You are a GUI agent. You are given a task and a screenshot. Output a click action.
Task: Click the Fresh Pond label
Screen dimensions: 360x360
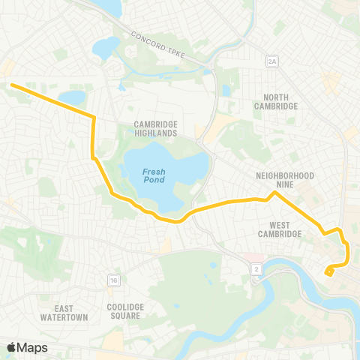pyautogui.click(x=153, y=175)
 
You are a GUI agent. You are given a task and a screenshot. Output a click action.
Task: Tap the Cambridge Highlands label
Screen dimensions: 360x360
pyautogui.click(x=156, y=128)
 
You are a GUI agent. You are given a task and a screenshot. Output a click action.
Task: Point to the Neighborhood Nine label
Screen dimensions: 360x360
pyautogui.click(x=284, y=180)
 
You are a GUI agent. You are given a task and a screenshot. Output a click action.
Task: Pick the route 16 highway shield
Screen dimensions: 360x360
pyautogui.click(x=113, y=280)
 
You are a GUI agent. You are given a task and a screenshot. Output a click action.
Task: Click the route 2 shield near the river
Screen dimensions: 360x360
pyautogui.click(x=257, y=268)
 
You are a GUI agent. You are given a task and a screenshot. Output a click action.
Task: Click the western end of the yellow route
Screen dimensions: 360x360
pyautogui.click(x=13, y=86)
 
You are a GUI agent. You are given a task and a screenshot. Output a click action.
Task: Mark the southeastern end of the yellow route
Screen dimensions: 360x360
pyautogui.click(x=328, y=273)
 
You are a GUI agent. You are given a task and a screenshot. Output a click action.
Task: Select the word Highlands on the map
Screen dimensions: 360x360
pyautogui.click(x=156, y=133)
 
